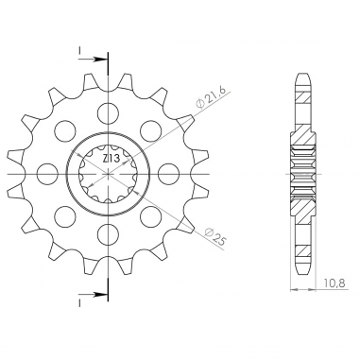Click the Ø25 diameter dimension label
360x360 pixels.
214,237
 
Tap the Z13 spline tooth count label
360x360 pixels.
111,159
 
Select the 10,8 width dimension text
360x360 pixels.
334,283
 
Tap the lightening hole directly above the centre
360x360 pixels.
109,113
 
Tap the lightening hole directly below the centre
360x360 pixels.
109,234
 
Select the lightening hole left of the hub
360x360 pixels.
48,174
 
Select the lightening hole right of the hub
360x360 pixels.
168,174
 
